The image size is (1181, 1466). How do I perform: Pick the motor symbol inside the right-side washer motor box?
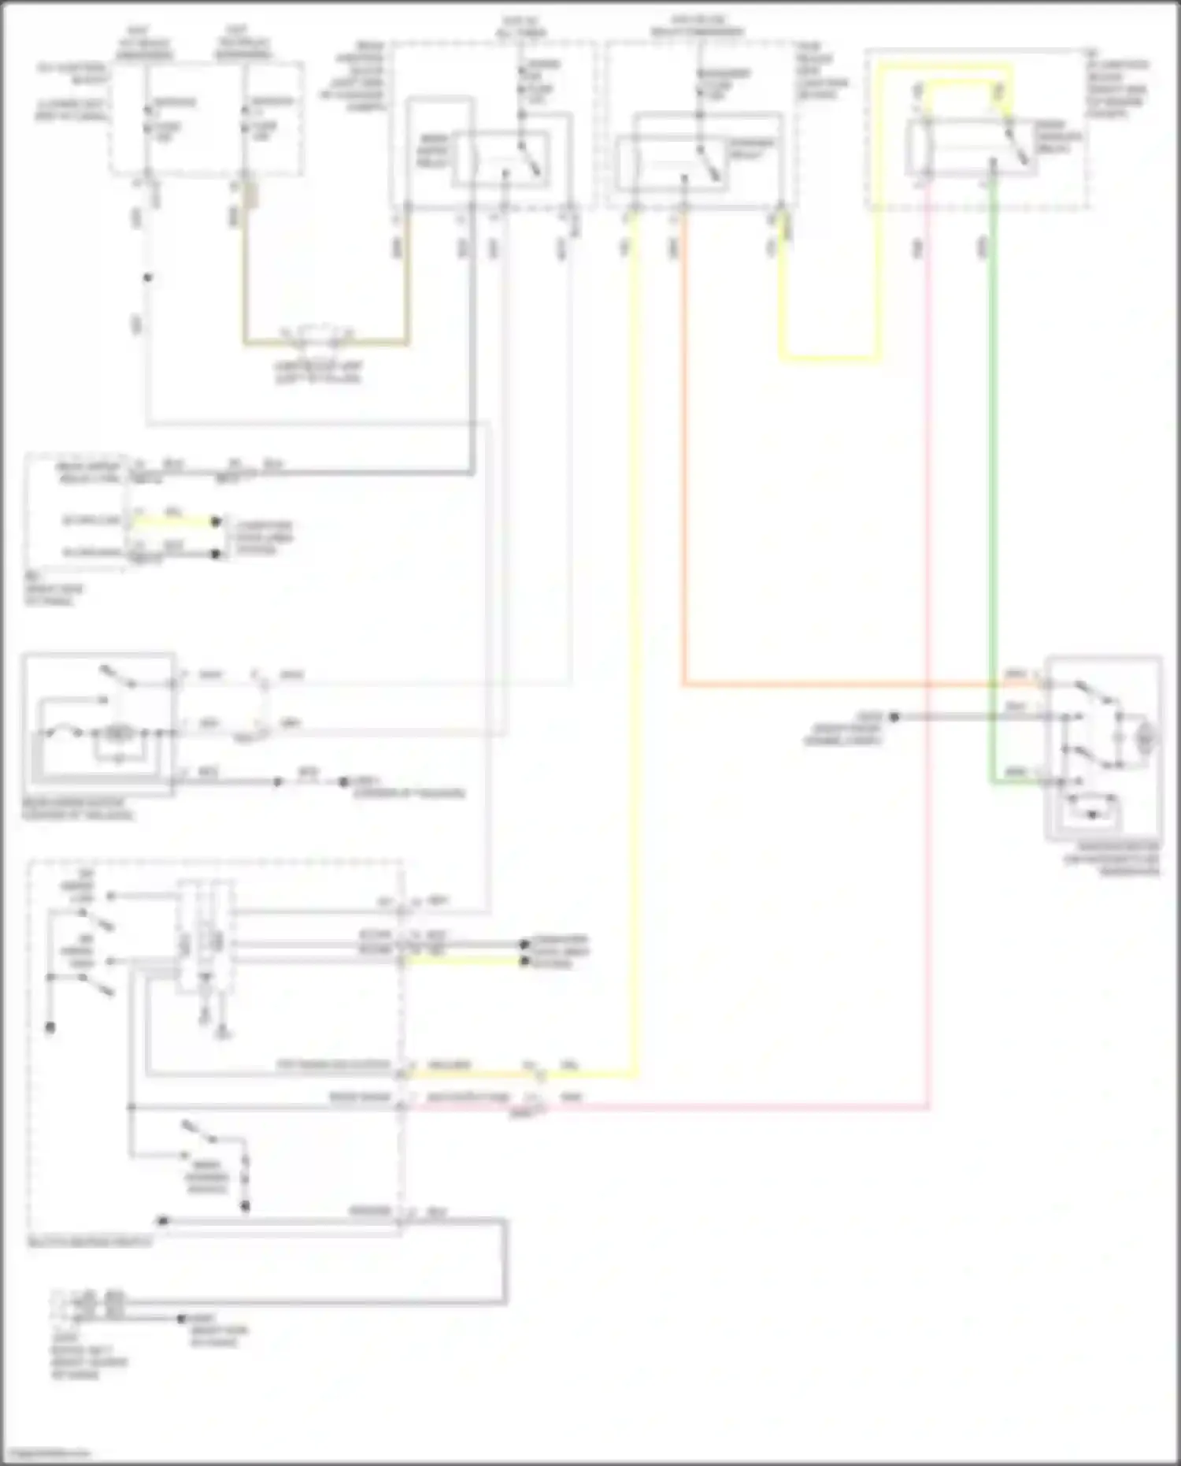[1146, 738]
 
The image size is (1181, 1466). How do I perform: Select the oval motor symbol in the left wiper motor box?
[118, 733]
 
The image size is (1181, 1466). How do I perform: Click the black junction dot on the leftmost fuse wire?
[147, 277]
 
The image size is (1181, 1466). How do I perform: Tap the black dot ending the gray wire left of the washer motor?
[894, 717]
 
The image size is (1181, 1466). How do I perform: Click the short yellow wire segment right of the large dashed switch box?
[465, 960]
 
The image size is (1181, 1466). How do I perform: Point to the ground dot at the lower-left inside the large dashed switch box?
[50, 1027]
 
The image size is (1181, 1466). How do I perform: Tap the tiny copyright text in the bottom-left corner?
[46, 1453]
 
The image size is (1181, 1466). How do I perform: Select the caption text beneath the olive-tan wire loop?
[318, 373]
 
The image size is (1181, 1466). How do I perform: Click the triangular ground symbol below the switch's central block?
[224, 1033]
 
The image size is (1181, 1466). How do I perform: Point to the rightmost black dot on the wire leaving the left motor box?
[343, 782]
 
